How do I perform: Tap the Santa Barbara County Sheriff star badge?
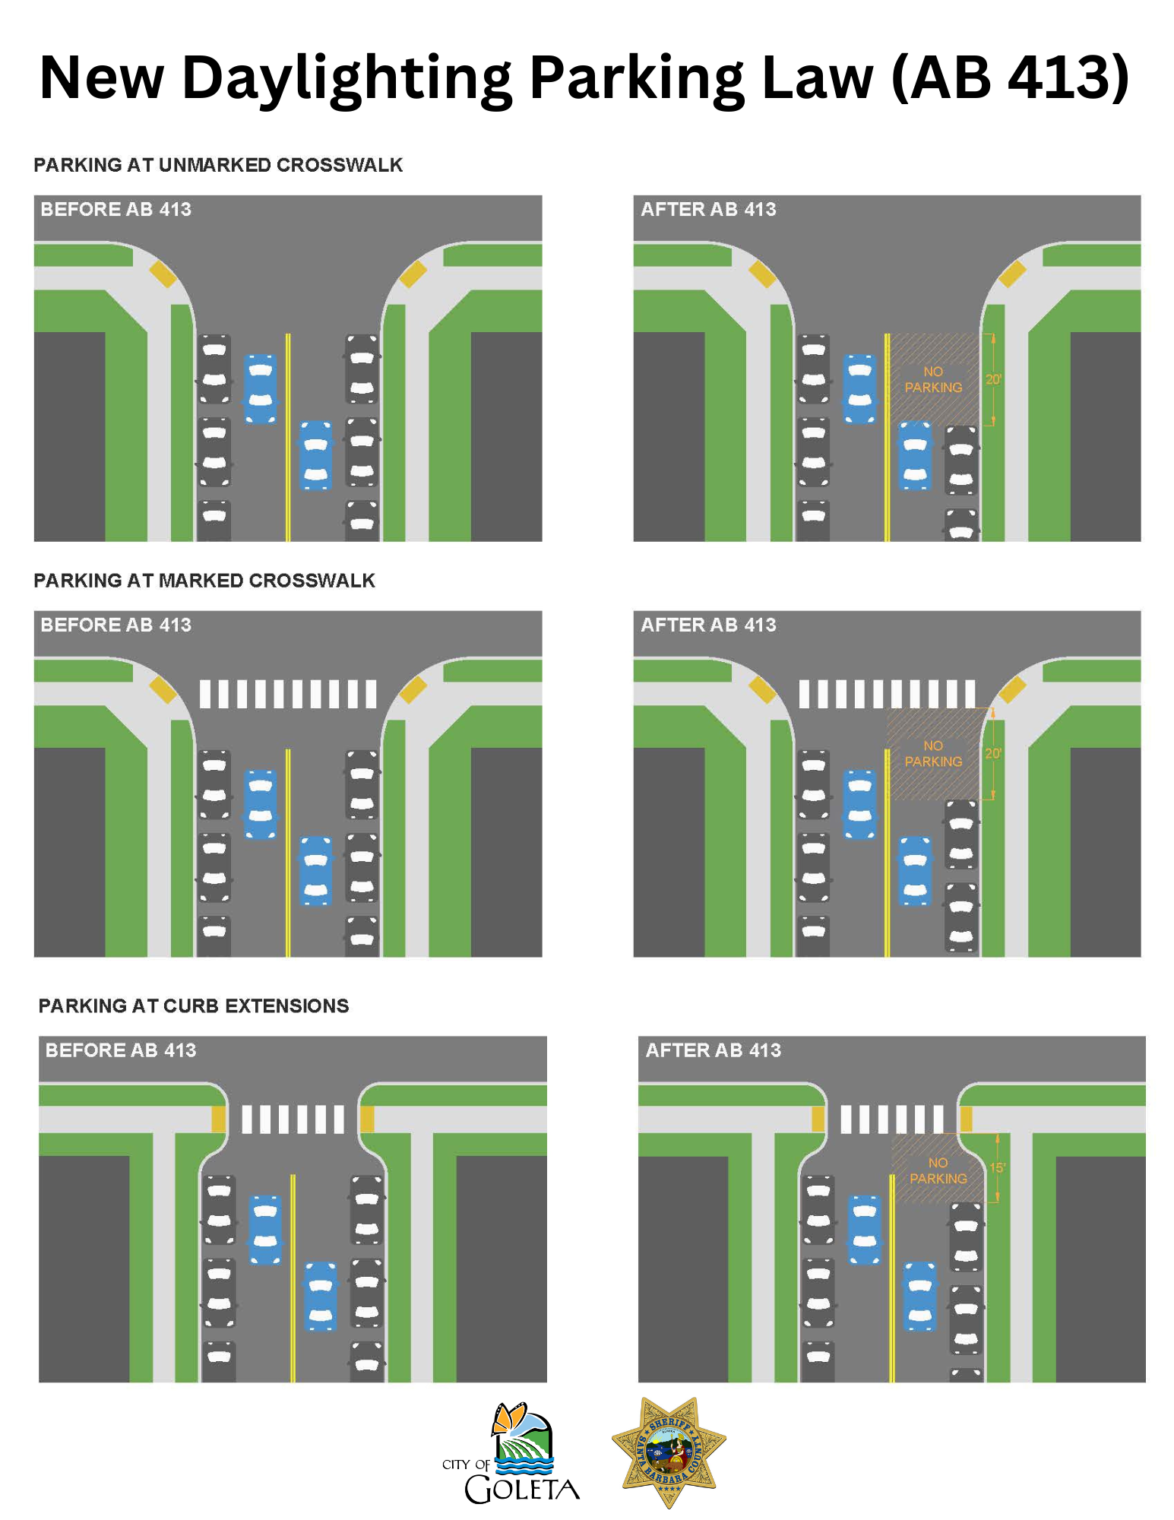(669, 1451)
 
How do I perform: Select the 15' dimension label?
(997, 1167)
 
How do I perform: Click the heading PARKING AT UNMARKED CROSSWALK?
(218, 165)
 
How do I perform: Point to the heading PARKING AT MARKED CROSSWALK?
(204, 581)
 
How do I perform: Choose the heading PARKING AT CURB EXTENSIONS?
(194, 1005)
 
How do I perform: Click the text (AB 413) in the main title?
(1009, 78)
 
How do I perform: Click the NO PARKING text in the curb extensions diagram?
(938, 1170)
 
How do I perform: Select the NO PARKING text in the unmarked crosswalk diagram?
(933, 379)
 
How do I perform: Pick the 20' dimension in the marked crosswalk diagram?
(993, 753)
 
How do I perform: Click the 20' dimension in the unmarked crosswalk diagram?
(993, 379)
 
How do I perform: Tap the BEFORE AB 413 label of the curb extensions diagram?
(121, 1050)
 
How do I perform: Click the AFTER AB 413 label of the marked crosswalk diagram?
(708, 625)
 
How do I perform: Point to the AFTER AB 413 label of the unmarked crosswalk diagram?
(708, 209)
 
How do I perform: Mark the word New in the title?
(102, 78)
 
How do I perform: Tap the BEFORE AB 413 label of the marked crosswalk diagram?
(116, 625)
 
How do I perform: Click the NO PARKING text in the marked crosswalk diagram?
(933, 754)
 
